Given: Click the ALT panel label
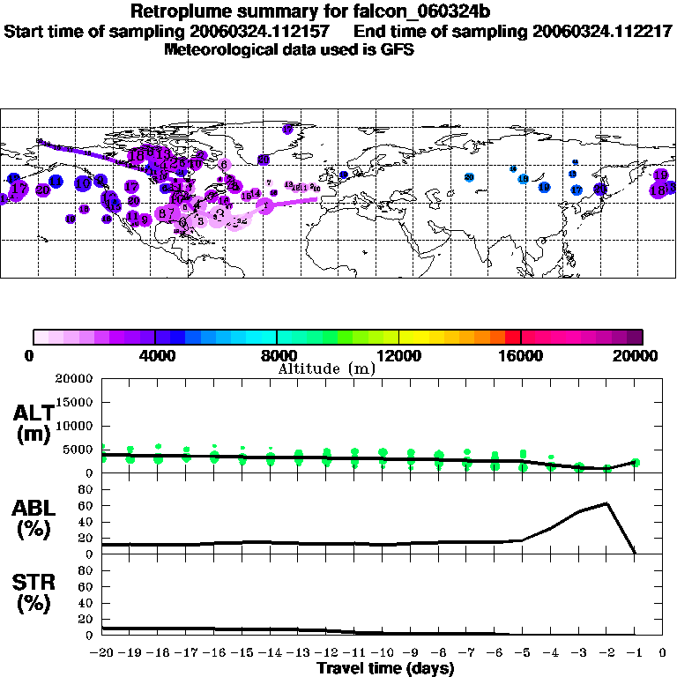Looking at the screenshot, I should point(34,423).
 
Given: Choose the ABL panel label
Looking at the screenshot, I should point(34,518).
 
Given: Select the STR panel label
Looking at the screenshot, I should point(34,592).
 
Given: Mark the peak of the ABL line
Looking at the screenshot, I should point(606,503).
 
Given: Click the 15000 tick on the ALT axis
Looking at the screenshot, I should point(74,402).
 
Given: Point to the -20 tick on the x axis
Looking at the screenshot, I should point(103,653).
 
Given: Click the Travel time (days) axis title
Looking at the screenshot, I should point(385,669).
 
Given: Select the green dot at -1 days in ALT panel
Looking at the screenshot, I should point(635,462).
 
